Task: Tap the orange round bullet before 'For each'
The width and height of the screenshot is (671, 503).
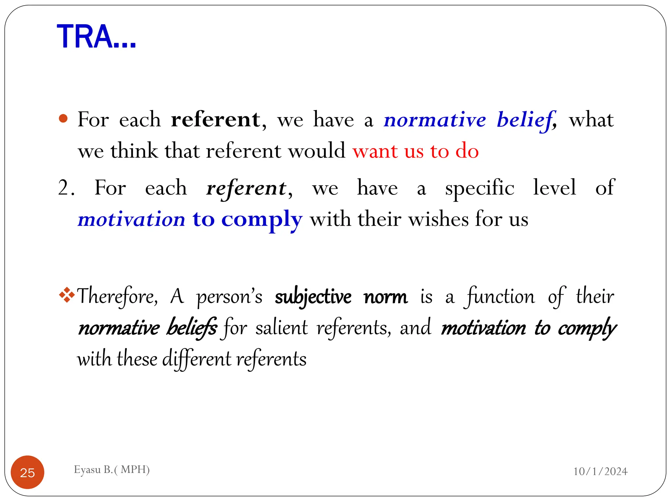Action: (x=63, y=119)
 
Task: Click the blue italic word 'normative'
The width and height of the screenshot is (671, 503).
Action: (x=435, y=120)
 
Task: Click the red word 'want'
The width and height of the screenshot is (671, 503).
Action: (x=375, y=152)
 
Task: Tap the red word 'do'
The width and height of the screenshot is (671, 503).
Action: (x=467, y=152)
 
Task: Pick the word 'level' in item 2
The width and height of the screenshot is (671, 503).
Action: (x=554, y=188)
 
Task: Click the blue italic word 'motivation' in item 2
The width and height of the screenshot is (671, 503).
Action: (x=132, y=219)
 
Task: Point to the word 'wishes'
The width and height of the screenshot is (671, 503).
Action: (x=438, y=219)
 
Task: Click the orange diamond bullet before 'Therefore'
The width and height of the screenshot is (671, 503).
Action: (x=67, y=294)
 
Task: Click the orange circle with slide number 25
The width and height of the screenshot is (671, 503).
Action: (x=28, y=472)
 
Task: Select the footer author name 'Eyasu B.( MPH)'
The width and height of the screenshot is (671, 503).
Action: (x=112, y=470)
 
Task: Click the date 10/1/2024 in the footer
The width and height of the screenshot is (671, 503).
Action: (x=600, y=471)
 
